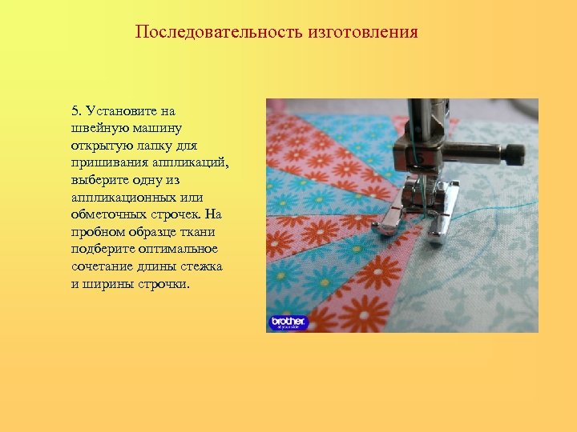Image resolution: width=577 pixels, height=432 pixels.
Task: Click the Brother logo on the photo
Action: (x=288, y=322)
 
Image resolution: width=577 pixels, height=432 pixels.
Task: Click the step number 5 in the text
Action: (x=75, y=111)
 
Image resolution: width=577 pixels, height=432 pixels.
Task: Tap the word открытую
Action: (x=99, y=146)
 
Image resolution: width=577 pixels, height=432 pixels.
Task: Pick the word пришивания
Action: (x=105, y=162)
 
